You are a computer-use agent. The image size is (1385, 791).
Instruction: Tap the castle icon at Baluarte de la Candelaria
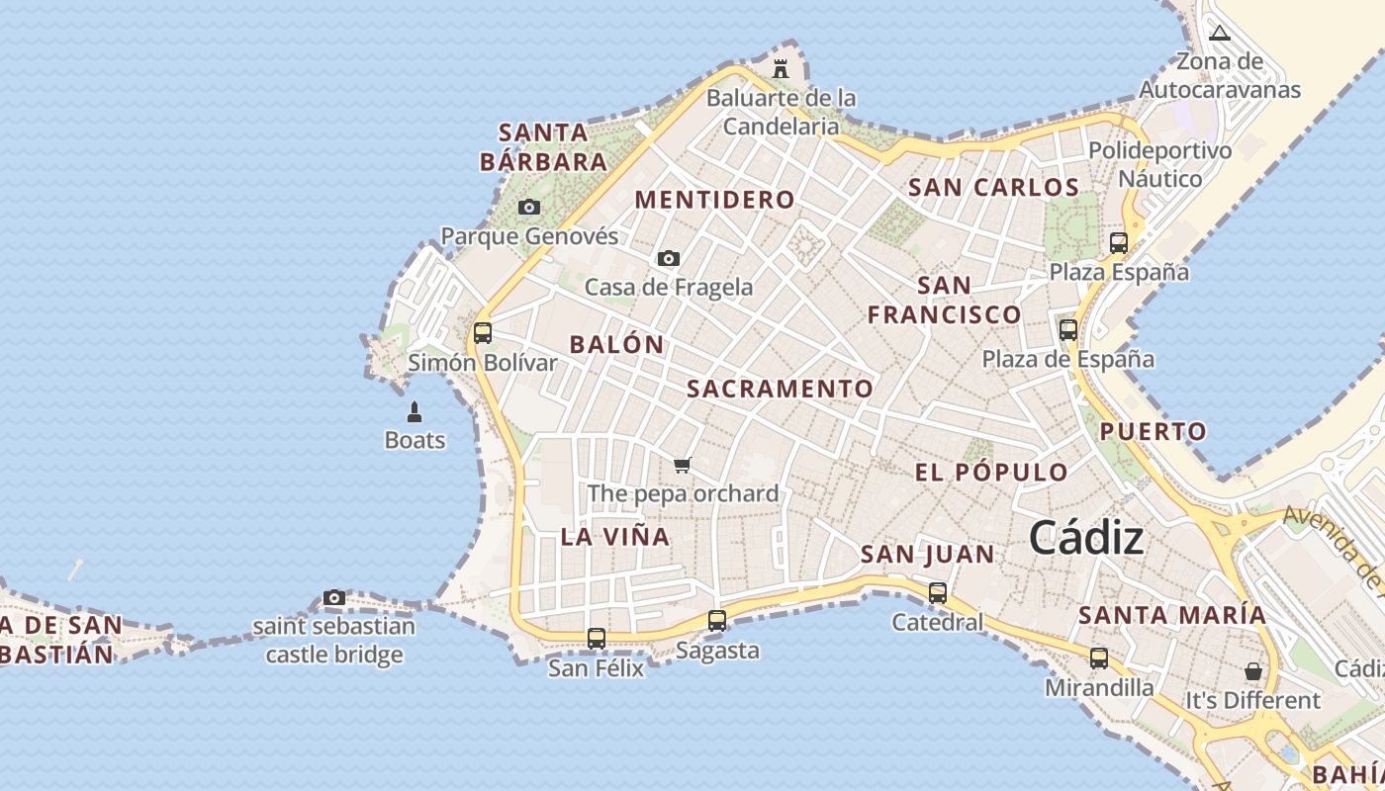coord(781,69)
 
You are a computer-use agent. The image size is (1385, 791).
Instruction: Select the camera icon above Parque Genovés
coord(529,208)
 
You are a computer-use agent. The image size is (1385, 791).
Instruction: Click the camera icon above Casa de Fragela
coord(669,259)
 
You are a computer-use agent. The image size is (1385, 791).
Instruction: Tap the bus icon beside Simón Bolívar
coord(483,333)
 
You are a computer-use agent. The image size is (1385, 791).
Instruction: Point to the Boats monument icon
coord(415,412)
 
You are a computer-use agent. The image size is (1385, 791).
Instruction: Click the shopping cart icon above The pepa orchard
coord(682,465)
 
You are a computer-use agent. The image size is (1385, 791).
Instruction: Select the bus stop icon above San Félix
coord(596,639)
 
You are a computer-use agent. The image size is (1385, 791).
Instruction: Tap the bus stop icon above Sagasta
coord(717,621)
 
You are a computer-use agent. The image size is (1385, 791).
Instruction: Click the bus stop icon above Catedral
coord(937,593)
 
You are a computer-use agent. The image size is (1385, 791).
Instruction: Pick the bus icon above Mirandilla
coord(1099,659)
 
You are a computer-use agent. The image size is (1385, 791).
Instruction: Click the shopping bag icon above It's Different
coord(1253,671)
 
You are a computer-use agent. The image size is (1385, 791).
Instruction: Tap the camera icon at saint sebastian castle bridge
coord(334,598)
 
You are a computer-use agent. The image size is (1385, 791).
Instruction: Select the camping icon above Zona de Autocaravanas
coord(1220,33)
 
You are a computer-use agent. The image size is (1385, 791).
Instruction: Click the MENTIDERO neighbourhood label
coord(714,200)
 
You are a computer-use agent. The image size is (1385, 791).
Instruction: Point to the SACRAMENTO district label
coord(780,389)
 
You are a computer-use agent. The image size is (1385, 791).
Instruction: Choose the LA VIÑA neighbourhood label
coord(614,537)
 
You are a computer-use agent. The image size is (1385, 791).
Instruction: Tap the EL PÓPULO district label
coord(991,472)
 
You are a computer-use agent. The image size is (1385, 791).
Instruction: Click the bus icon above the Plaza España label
coord(1119,242)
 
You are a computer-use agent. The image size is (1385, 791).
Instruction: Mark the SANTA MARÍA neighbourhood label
coord(1171,615)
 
